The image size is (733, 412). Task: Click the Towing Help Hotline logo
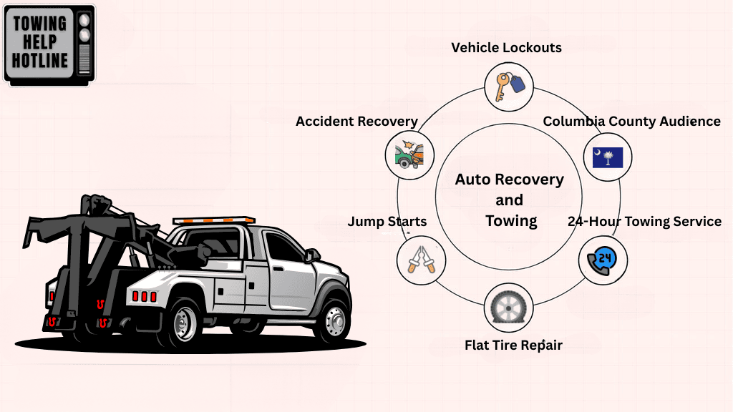(x=49, y=44)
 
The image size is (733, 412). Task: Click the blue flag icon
(x=607, y=156)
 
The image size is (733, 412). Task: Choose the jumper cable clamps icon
(x=421, y=261)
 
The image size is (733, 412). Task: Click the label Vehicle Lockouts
(x=506, y=48)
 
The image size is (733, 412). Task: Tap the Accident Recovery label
(x=356, y=122)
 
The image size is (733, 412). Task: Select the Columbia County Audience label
(x=631, y=122)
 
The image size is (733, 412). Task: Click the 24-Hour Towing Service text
(x=644, y=222)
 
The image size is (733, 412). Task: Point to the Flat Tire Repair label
(x=513, y=345)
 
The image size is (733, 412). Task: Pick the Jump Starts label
(x=387, y=222)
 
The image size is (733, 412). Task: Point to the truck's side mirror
(x=312, y=255)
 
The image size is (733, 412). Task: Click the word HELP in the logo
(x=40, y=42)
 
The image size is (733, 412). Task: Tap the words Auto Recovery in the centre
(x=510, y=180)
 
